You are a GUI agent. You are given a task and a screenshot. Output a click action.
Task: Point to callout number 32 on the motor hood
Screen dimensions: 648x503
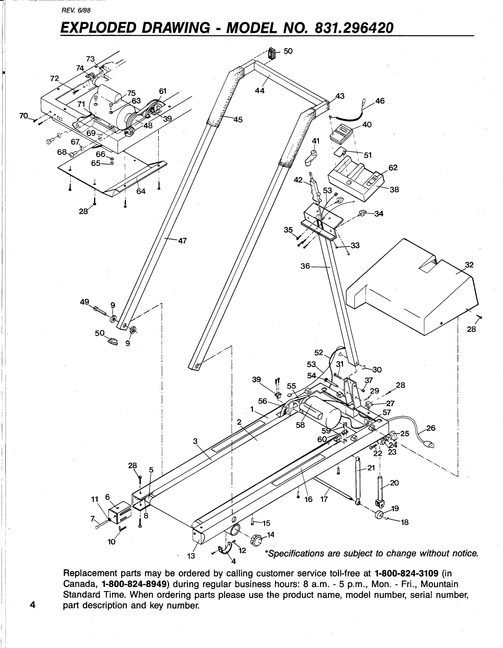pos(469,265)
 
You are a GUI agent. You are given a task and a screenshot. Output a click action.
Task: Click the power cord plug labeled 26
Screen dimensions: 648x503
pos(430,445)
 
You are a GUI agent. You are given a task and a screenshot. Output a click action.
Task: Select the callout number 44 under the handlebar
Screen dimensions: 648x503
pos(260,90)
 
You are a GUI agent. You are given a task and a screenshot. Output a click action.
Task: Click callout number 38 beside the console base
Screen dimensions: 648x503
pos(394,189)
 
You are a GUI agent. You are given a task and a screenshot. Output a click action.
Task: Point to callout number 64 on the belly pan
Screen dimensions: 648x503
pos(141,191)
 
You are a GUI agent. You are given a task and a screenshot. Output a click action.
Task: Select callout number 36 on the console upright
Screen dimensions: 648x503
pos(305,266)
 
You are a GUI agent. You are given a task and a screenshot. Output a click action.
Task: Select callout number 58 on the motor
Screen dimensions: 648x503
pos(300,426)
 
